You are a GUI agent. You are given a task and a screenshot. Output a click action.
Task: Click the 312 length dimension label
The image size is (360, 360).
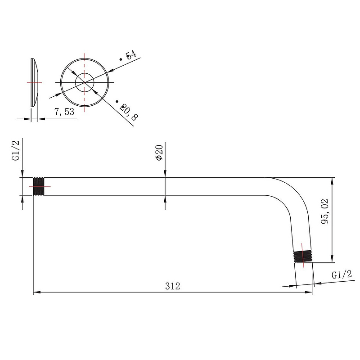click(173, 286)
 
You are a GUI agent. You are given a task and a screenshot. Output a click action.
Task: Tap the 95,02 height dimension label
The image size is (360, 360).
click(325, 211)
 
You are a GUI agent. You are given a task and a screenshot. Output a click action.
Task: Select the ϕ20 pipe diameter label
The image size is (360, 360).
click(159, 153)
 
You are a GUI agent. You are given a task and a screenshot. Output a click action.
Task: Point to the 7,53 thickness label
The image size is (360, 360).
click(64, 112)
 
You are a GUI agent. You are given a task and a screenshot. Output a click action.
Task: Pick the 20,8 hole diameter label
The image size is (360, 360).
click(129, 112)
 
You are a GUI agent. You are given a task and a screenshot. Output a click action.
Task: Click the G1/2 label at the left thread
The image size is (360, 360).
click(16, 151)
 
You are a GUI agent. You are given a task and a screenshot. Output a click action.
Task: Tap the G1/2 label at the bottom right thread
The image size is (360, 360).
click(342, 274)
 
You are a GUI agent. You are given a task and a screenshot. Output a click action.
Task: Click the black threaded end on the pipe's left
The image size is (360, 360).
click(39, 186)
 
